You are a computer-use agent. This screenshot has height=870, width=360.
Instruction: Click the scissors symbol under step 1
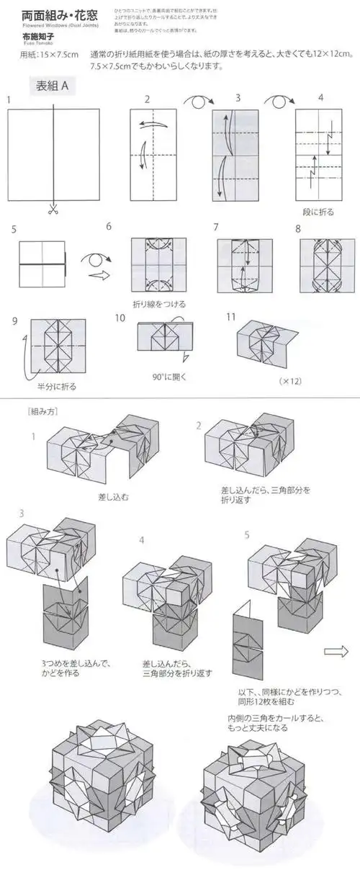tap(53, 210)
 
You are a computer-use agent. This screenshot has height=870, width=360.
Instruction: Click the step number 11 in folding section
tap(231, 316)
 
